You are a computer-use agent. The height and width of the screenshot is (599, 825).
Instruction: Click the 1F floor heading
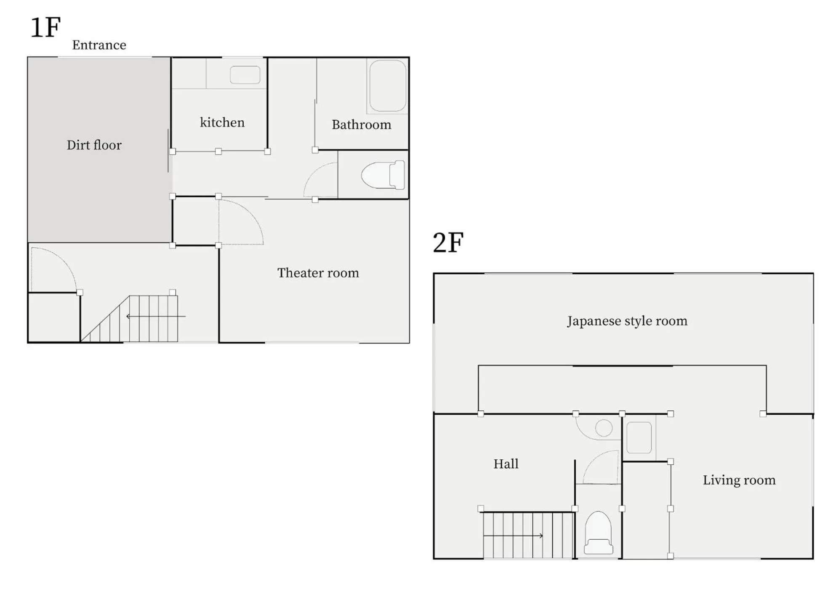45,28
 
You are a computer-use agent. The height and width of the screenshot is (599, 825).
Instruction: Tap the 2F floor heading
448,243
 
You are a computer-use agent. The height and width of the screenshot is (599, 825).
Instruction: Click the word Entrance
99,45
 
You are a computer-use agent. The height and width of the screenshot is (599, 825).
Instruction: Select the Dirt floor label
94,145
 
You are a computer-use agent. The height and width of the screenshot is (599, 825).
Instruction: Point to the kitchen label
222,122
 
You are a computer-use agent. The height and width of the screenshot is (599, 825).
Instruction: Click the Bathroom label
361,125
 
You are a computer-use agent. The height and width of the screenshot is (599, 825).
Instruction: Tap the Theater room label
318,273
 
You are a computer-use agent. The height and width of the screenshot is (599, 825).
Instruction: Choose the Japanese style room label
627,321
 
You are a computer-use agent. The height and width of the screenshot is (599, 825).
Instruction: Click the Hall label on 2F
506,464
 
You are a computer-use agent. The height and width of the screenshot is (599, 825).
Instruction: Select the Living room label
739,480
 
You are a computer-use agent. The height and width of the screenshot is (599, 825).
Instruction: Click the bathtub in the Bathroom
387,86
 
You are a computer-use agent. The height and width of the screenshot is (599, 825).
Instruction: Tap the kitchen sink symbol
245,75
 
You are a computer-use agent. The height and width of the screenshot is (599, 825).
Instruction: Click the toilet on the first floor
383,175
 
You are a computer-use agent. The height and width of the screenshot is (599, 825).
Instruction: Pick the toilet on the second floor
598,533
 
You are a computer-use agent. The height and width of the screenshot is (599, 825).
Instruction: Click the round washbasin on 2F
604,428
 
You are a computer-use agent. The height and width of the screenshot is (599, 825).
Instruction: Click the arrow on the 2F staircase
514,535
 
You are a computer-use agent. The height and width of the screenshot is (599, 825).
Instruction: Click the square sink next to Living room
639,437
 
